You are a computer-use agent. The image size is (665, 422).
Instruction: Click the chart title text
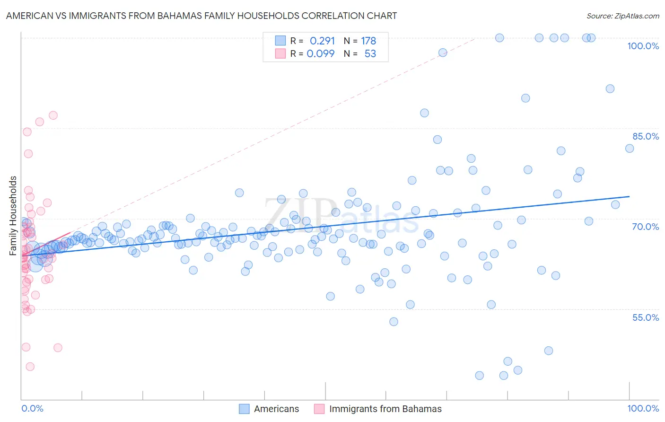pos(201,16)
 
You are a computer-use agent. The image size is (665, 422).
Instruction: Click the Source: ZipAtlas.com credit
pos(622,16)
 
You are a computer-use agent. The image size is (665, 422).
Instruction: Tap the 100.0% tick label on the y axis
pos(643,46)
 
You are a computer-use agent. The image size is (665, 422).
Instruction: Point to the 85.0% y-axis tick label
pos(646,136)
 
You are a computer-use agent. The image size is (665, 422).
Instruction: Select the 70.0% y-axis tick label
pos(646,227)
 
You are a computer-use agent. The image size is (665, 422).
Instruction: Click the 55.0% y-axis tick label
pos(646,317)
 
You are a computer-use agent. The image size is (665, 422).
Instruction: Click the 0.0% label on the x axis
pos(32,409)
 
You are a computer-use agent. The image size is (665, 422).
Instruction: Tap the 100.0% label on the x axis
pos(643,409)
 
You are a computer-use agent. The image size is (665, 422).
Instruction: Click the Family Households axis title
pos(13,216)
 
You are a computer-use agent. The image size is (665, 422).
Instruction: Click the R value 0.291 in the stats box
pos(322,41)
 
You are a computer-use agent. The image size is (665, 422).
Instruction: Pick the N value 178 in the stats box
pos(368,41)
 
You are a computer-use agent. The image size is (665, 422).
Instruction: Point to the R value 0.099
pos(321,53)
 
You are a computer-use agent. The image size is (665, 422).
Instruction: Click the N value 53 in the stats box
pos(370,53)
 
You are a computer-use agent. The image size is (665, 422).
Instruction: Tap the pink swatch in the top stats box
pos(280,53)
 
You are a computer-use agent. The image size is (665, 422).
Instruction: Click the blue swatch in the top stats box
pos(280,41)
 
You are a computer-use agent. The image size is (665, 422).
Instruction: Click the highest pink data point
pos(53,115)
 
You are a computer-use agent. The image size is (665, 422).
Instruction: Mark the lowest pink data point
pos(30,367)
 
